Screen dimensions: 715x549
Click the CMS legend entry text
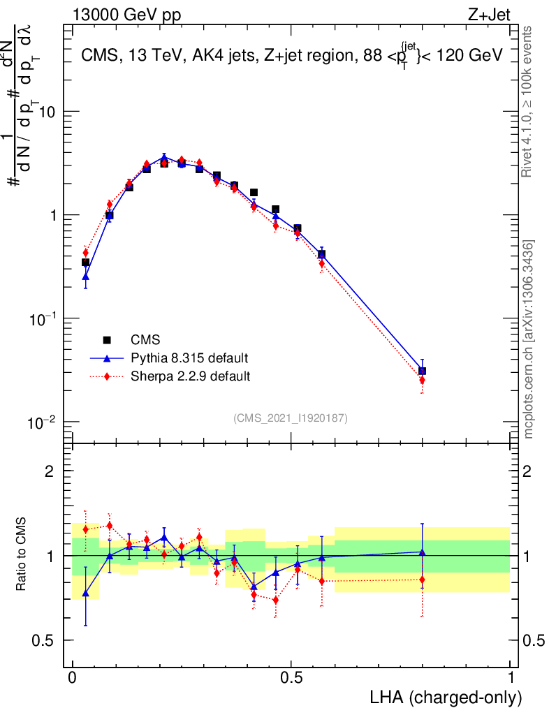pyautogui.click(x=146, y=340)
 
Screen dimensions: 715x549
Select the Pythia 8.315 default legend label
pyautogui.click(x=189, y=358)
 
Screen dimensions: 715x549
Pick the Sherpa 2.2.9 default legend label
pyautogui.click(x=191, y=376)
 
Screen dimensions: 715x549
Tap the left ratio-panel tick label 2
pyautogui.click(x=50, y=471)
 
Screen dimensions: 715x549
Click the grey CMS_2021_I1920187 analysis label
pyautogui.click(x=291, y=418)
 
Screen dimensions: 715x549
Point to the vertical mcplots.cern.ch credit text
pyautogui.click(x=529, y=339)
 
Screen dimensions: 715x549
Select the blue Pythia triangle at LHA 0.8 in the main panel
pyautogui.click(x=422, y=371)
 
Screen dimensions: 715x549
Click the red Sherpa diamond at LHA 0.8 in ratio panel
pyautogui.click(x=422, y=579)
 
